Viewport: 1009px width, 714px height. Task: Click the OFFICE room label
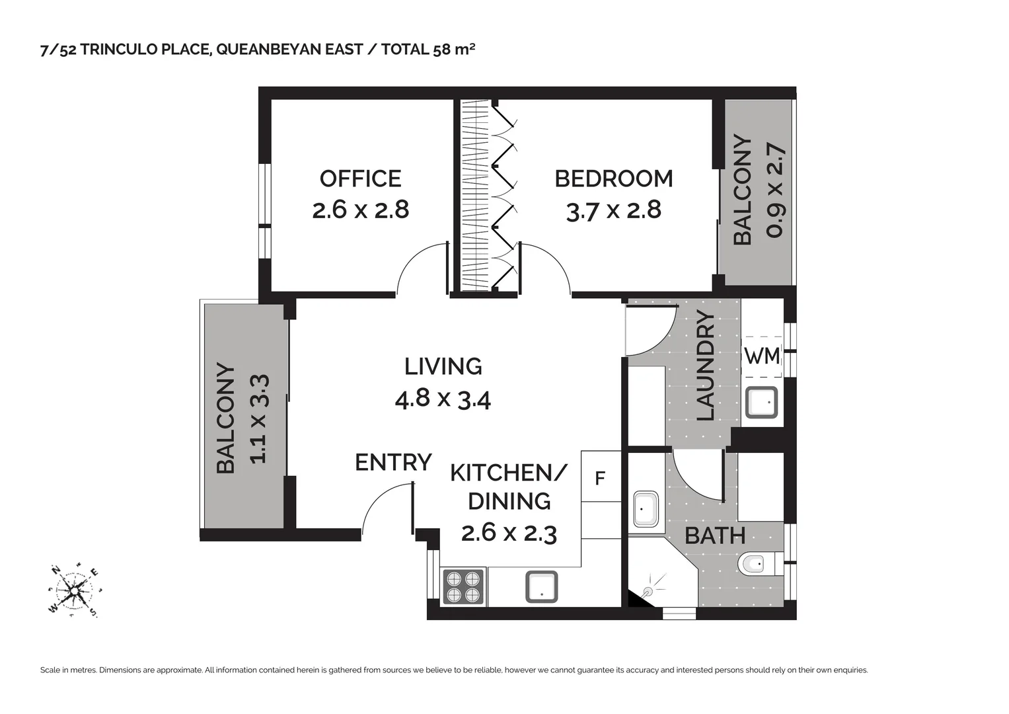click(360, 178)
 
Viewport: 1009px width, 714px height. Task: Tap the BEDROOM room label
click(613, 178)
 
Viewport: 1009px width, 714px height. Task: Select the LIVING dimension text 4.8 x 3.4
click(442, 399)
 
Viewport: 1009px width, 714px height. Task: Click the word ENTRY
click(393, 462)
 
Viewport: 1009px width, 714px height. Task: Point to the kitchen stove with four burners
click(463, 587)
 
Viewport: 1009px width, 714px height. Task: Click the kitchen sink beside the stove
click(541, 587)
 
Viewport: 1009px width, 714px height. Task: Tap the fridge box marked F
click(600, 478)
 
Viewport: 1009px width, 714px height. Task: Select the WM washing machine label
click(762, 356)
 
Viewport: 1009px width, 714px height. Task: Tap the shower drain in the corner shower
click(648, 590)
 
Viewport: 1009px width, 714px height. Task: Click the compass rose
click(73, 589)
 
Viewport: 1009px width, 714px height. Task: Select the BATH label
click(714, 535)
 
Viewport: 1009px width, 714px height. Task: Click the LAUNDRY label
click(706, 366)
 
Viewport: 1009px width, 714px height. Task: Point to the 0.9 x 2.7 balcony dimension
click(775, 190)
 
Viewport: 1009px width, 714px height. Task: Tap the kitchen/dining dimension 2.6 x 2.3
click(509, 533)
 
